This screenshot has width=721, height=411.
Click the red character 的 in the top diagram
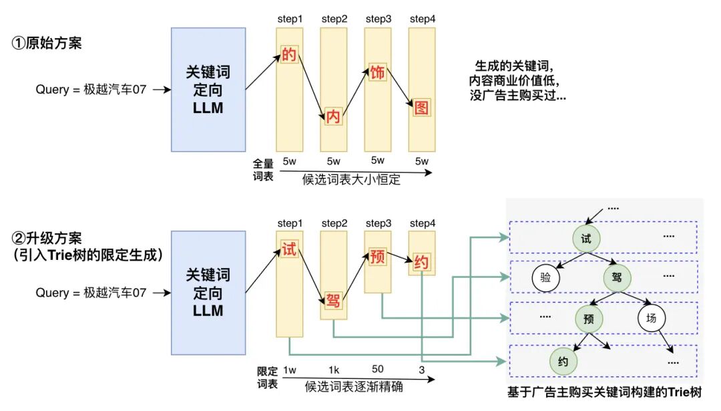(x=289, y=54)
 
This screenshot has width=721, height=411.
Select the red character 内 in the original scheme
(x=333, y=117)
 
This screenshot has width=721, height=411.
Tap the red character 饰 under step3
(x=377, y=73)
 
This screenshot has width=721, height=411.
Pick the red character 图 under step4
(x=421, y=107)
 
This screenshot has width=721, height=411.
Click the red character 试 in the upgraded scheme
(x=289, y=251)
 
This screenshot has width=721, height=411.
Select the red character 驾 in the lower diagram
(x=333, y=300)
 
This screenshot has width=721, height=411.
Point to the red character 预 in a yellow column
(x=377, y=257)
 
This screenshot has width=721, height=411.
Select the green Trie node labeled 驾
(x=617, y=277)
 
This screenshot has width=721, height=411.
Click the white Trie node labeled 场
(x=651, y=318)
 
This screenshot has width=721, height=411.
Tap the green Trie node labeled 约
(x=563, y=362)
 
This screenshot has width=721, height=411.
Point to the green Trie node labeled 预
(x=588, y=318)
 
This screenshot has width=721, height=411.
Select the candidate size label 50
(x=377, y=370)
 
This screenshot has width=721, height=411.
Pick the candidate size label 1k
(x=333, y=370)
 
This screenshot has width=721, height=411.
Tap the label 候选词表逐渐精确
(x=353, y=386)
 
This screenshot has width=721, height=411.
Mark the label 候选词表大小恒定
(x=351, y=179)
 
